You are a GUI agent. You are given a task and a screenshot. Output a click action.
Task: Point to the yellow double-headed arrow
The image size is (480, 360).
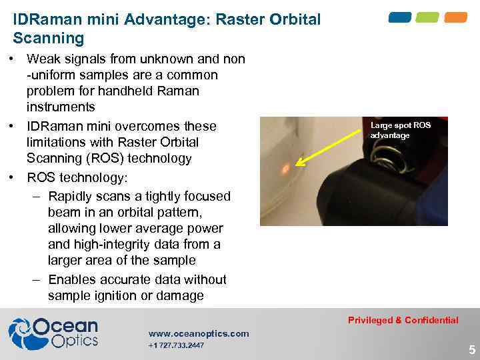click(332, 141)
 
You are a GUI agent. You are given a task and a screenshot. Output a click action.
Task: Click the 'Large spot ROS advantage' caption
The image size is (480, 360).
click(400, 130)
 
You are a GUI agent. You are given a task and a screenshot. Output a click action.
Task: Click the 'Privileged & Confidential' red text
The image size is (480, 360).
click(403, 320)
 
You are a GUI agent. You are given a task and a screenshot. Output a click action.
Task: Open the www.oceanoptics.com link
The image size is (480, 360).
click(199, 333)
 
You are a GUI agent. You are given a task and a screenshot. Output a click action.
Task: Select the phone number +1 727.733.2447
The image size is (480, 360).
click(176, 345)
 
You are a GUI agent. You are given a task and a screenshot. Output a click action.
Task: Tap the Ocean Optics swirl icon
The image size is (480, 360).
click(20, 333)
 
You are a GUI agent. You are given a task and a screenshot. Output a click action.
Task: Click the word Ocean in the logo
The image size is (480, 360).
click(65, 327)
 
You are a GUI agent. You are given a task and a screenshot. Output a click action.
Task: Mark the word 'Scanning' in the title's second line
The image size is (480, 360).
click(49, 39)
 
